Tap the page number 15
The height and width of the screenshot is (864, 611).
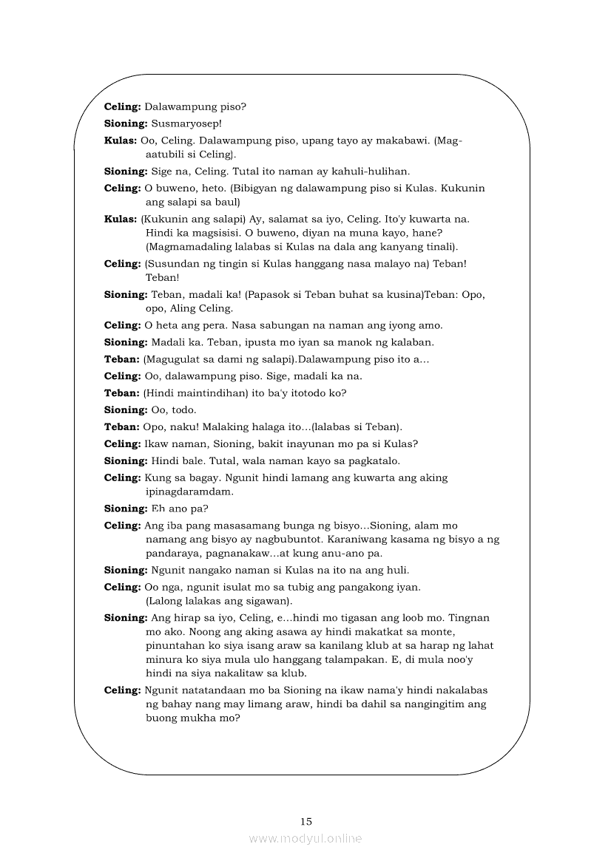click(x=306, y=821)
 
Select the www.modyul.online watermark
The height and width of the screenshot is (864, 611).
click(x=305, y=838)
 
